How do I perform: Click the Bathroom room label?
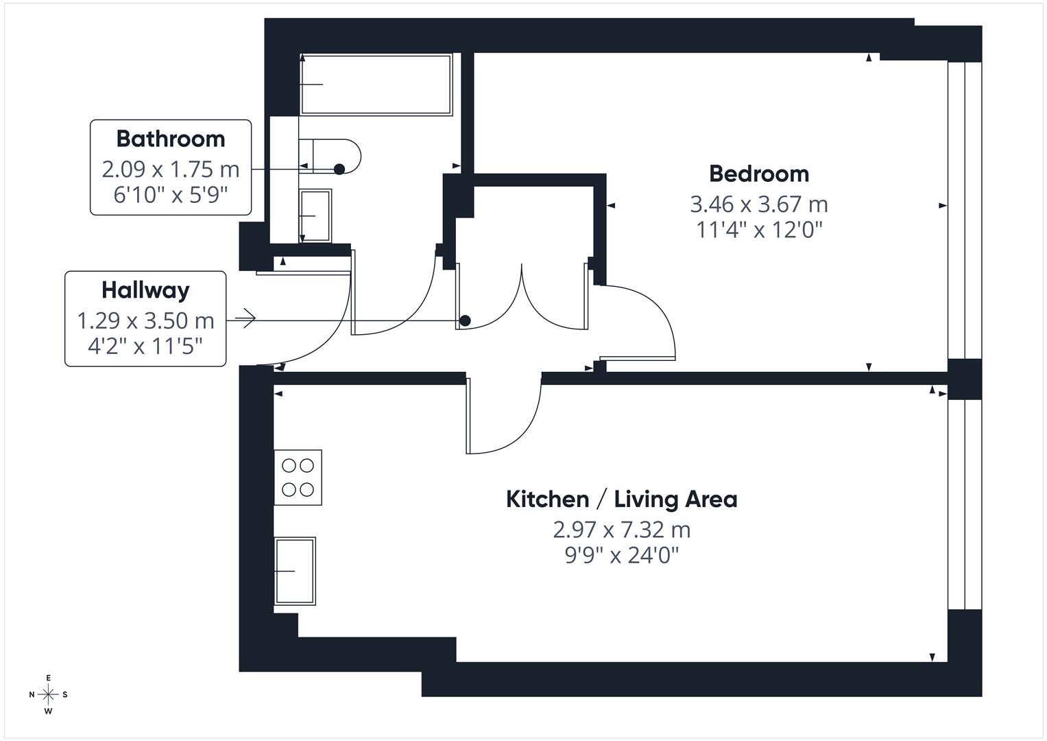tap(171, 139)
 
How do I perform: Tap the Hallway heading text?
tap(145, 290)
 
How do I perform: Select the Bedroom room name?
tap(758, 174)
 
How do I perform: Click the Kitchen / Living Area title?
tap(621, 499)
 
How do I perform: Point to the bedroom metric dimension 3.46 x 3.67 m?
tap(758, 204)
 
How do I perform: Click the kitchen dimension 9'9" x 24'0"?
tap(621, 554)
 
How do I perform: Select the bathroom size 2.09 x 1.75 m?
tap(171, 169)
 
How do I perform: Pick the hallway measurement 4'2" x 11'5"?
tap(145, 346)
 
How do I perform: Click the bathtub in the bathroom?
tap(376, 84)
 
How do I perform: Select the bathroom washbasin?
tap(315, 215)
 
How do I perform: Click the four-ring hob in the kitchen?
tap(298, 478)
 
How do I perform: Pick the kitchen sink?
tap(296, 571)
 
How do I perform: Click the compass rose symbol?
tap(48, 694)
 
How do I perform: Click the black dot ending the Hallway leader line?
tap(465, 320)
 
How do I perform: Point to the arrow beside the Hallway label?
tap(245, 318)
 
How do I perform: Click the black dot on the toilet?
tap(339, 169)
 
